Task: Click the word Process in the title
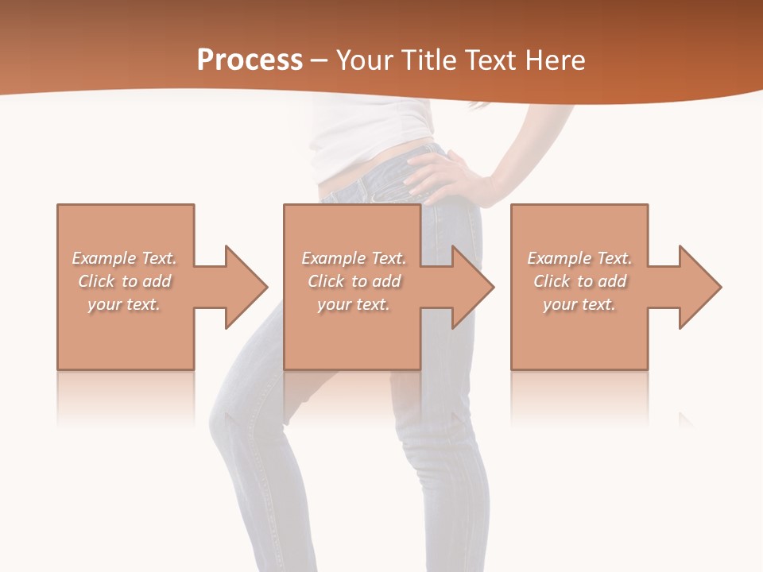click(x=250, y=60)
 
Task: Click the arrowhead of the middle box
click(x=472, y=287)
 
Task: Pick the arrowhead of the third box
click(x=699, y=287)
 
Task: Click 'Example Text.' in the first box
click(x=125, y=258)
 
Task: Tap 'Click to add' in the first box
click(x=125, y=281)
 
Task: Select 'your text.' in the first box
click(x=125, y=304)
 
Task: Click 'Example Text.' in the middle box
click(x=354, y=258)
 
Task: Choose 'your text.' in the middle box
click(x=354, y=304)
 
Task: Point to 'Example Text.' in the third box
click(x=579, y=258)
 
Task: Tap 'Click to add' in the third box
click(x=579, y=281)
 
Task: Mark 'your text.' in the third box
click(x=579, y=304)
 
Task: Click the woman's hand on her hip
click(x=441, y=175)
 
